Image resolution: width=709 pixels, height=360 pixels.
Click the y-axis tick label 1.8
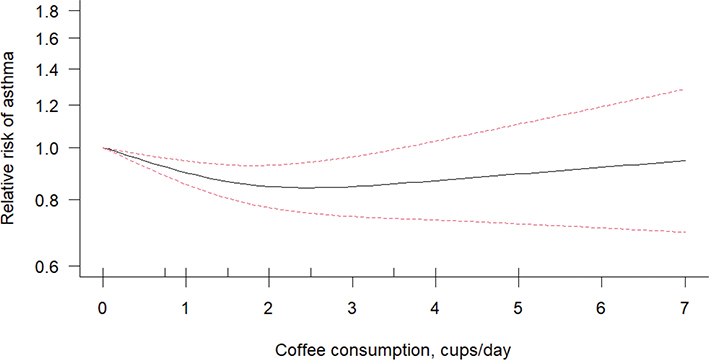coord(46,11)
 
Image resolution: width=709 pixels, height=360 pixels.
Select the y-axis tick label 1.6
coord(46,38)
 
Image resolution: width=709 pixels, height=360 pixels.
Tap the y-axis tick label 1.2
coord(46,105)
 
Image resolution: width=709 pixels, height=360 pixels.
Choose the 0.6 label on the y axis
coord(46,266)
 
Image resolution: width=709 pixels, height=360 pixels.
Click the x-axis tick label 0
coord(103,307)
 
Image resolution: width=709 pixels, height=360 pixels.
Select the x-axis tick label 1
coord(186,307)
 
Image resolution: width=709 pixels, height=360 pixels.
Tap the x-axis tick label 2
coord(269,307)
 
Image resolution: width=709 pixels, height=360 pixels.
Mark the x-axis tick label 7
coord(684,307)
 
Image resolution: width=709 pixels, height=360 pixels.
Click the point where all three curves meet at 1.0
coord(104,148)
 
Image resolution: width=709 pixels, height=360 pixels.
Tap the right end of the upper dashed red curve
coord(684,89)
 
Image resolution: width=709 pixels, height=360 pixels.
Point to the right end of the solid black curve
coord(684,160)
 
